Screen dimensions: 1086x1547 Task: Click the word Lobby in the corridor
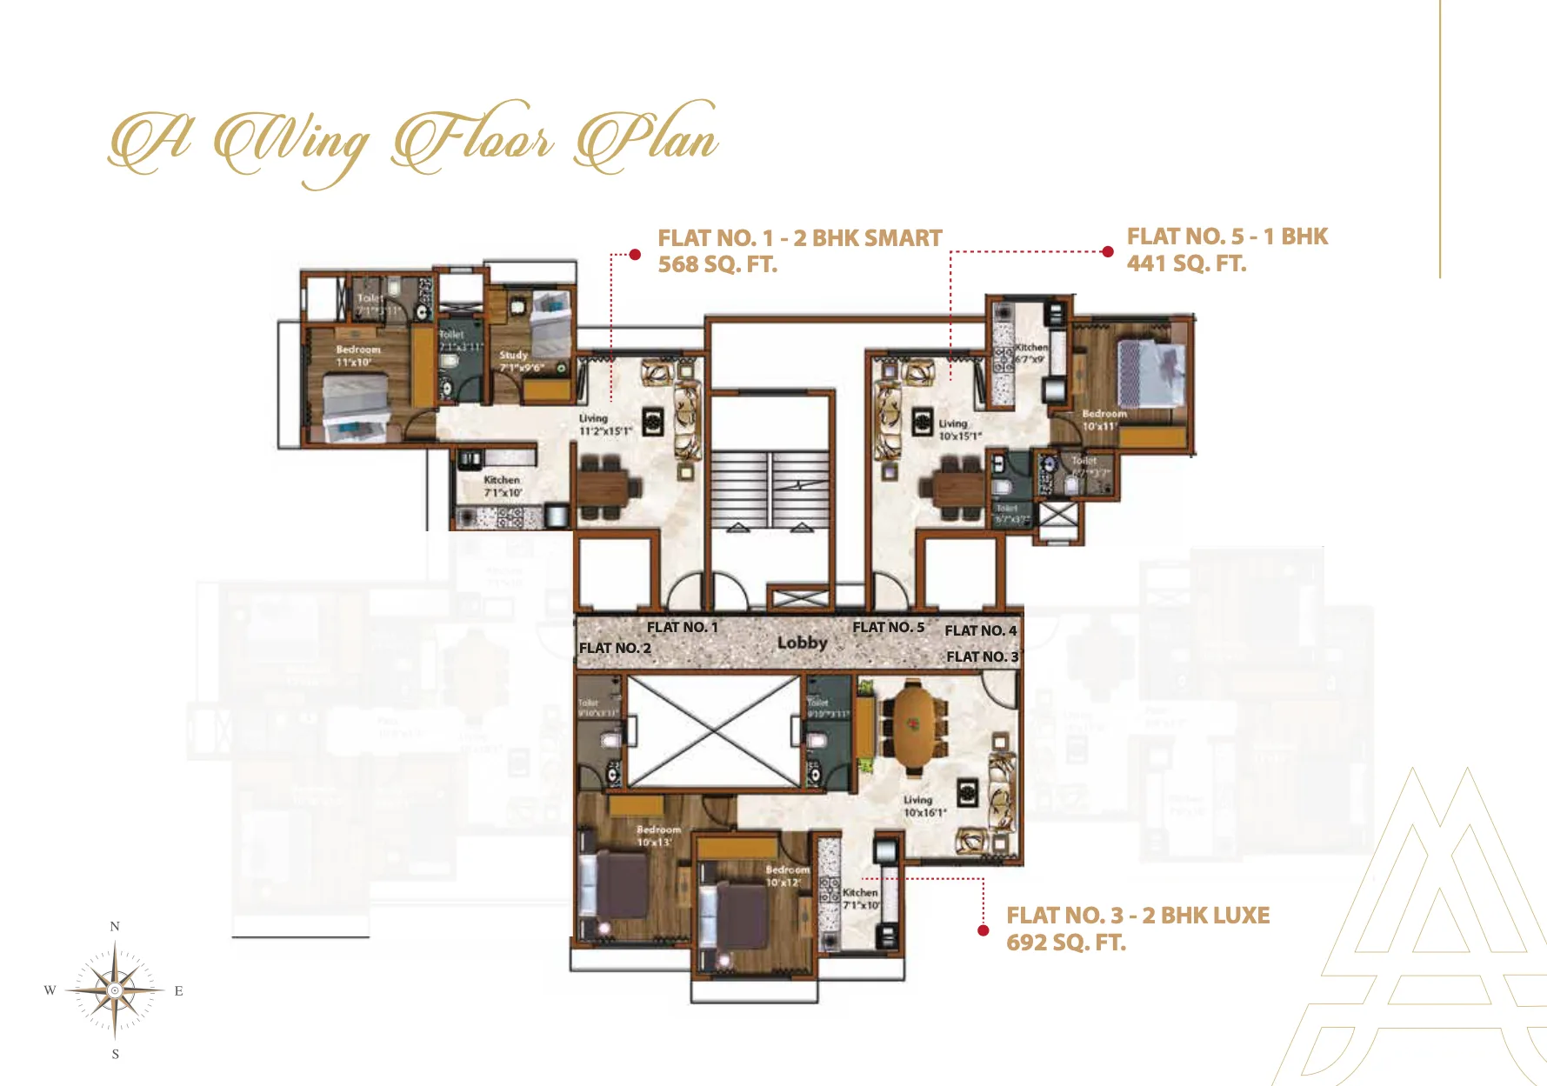click(802, 643)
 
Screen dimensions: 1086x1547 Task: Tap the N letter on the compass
click(115, 927)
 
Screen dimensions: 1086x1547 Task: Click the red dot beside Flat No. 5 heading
click(1107, 252)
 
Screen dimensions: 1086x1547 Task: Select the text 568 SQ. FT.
click(717, 265)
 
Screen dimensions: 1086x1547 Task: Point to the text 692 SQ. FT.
click(1065, 943)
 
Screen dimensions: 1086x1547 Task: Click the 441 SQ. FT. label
click(1186, 264)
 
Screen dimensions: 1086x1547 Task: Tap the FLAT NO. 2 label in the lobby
click(615, 649)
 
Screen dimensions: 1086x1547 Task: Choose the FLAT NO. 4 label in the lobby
click(980, 631)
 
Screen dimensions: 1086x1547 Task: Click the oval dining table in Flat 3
click(912, 728)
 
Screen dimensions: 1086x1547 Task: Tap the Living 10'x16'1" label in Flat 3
click(923, 806)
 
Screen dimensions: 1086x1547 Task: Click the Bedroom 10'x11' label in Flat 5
click(1103, 420)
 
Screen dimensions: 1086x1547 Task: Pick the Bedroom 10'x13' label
click(658, 836)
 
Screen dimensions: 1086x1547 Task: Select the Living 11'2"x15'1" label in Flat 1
click(603, 424)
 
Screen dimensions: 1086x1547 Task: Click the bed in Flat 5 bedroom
click(1150, 372)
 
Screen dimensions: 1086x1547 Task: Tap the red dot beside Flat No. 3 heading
click(984, 930)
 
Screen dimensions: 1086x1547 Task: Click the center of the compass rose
click(115, 990)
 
